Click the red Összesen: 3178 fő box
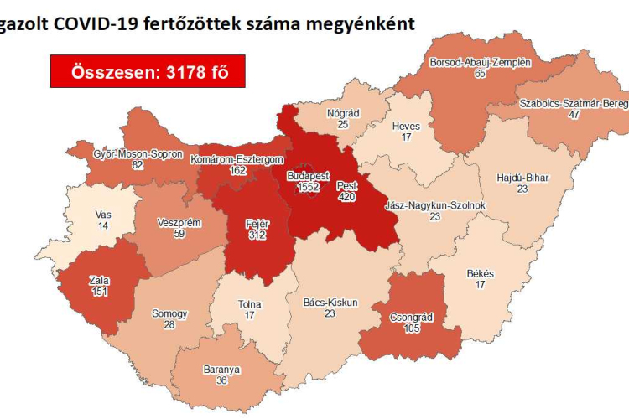[x=148, y=72]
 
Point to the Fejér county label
[x=257, y=224]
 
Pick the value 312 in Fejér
[x=257, y=235]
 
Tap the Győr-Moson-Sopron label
[x=138, y=154]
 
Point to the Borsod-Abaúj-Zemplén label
[x=480, y=63]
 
